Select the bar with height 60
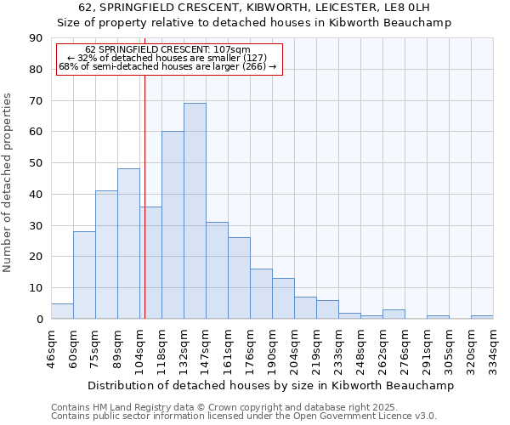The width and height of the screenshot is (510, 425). point(173,225)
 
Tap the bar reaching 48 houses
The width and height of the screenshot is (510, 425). point(128,244)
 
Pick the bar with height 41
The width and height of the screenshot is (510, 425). point(106,255)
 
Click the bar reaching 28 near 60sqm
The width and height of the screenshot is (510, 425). point(84,275)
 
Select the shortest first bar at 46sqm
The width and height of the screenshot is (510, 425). point(62,311)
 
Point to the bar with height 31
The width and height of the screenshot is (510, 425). point(217,270)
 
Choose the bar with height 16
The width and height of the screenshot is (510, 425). point(261,294)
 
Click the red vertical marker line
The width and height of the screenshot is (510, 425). point(145,187)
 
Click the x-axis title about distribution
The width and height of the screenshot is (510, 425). point(271,385)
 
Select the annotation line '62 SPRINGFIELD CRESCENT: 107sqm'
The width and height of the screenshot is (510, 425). point(168,49)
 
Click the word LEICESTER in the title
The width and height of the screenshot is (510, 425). point(319,8)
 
